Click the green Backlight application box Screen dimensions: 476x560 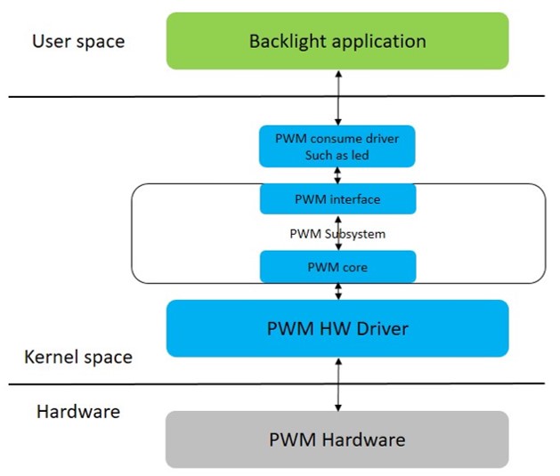337,42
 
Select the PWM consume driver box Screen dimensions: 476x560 337,146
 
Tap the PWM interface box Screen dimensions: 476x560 337,199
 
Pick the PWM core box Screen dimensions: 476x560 337,266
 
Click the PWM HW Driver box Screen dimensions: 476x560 337,328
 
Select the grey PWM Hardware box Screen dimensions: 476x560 337,440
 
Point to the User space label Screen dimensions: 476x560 78,41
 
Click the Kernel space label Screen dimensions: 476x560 78,357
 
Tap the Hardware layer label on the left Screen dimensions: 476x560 78,412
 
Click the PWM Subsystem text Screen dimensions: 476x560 337,234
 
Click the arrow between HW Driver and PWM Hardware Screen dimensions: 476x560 337,383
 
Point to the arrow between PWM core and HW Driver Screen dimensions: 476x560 337,291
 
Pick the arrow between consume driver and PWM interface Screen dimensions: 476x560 337,174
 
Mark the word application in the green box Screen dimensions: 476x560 376,42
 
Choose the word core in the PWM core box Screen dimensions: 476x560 355,266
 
